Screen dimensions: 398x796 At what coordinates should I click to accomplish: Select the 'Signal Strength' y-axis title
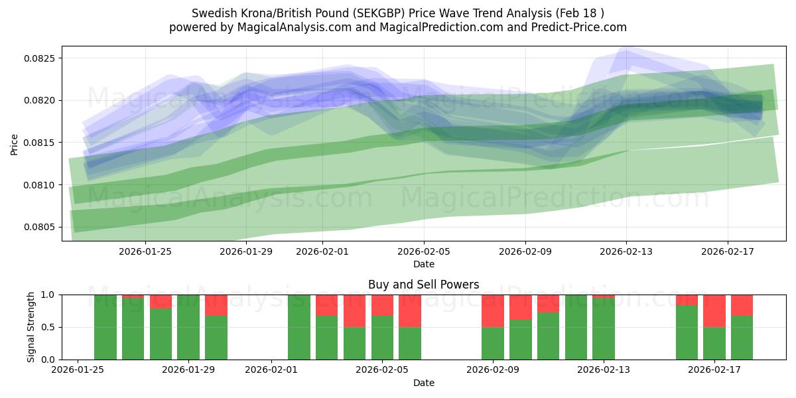31,327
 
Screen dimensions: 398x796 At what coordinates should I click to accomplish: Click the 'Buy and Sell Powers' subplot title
423,285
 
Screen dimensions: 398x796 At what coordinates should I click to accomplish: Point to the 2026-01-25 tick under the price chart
145,251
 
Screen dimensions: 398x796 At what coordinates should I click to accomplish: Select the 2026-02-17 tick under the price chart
728,251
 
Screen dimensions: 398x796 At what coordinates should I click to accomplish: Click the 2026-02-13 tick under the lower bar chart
604,369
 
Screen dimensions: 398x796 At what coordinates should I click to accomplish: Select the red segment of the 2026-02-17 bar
714,310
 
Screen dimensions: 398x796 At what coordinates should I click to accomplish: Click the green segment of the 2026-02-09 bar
493,343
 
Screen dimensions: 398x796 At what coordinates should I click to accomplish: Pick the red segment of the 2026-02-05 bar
383,305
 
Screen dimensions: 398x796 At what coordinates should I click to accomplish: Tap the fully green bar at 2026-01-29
188,327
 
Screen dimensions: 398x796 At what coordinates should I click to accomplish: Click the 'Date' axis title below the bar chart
423,383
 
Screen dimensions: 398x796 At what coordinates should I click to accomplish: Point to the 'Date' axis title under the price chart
423,264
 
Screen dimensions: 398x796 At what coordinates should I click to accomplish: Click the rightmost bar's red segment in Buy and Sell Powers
742,305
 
